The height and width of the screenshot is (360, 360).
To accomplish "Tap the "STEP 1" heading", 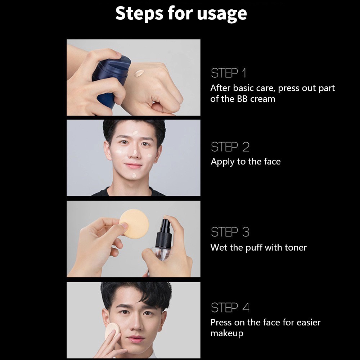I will (229, 73).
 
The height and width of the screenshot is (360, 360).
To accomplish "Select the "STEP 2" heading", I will (230, 147).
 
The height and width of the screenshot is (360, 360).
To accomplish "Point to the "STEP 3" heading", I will (230, 232).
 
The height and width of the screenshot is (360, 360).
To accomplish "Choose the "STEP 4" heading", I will (230, 308).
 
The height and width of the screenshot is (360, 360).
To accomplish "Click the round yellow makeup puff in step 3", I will (134, 224).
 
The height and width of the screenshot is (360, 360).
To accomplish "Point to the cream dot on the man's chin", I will (134, 175).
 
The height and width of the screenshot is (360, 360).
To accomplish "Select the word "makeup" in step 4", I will (227, 333).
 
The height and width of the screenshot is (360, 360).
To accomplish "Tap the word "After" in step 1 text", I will (220, 88).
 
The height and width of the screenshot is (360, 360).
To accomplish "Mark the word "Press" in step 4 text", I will (221, 322).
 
